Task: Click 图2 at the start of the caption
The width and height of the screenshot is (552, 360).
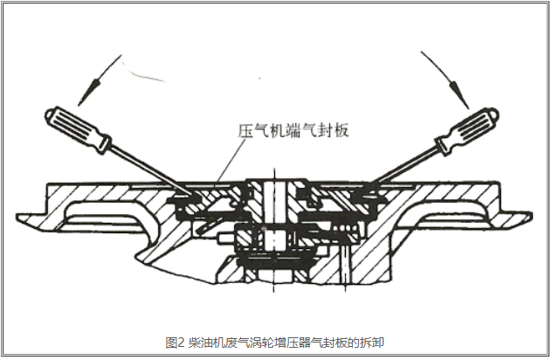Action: pos(174,341)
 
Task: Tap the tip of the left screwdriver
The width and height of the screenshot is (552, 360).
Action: pos(187,191)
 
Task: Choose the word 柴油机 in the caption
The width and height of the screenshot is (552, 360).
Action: pos(203,341)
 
